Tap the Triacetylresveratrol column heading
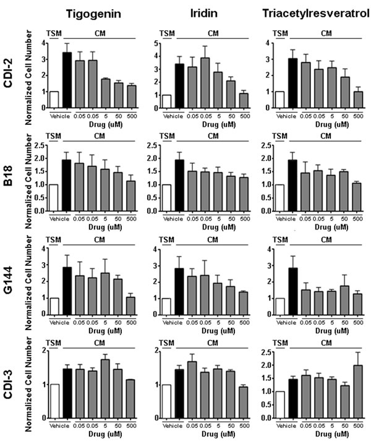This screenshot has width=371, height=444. pyautogui.click(x=309, y=14)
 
